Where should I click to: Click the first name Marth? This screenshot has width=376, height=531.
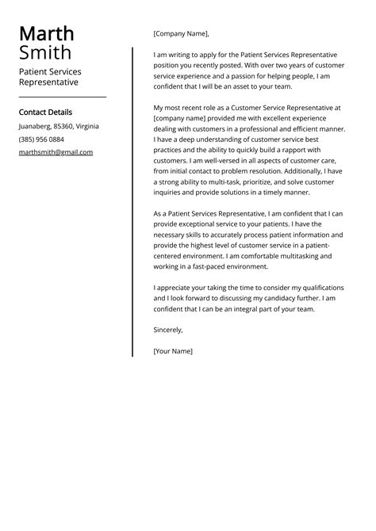46,33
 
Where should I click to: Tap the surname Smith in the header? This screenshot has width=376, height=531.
44,53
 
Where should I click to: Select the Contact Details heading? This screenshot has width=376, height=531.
45,113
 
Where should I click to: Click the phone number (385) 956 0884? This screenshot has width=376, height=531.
41,139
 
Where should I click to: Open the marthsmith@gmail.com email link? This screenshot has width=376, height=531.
56,152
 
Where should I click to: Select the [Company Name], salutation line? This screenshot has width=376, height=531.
181,34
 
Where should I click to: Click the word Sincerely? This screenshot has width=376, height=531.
168,329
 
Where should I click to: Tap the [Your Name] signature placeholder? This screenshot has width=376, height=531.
173,350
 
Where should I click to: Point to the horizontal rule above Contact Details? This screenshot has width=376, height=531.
62,97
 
